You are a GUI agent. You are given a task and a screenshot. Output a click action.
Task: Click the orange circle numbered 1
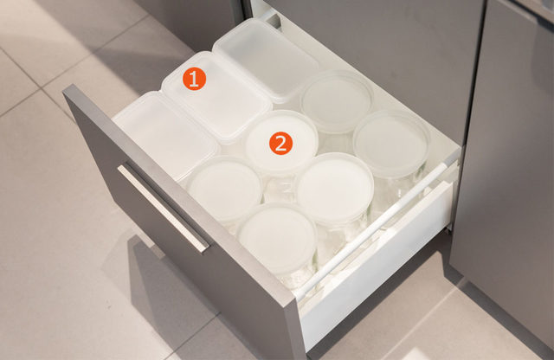pyautogui.click(x=194, y=79)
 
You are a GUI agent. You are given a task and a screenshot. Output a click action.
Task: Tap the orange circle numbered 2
pyautogui.click(x=280, y=143)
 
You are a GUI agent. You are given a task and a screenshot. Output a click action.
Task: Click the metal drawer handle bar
pyautogui.click(x=164, y=207)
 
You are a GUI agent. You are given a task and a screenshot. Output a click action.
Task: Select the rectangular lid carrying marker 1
pyautogui.click(x=216, y=96)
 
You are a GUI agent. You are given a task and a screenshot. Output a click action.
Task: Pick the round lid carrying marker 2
pyautogui.click(x=280, y=141)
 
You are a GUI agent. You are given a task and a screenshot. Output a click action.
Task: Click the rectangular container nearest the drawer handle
pyautogui.click(x=165, y=135)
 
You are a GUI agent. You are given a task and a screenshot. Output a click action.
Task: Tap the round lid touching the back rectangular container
pyautogui.click(x=337, y=100)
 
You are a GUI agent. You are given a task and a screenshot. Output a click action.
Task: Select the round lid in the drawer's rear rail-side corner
pyautogui.click(x=391, y=142)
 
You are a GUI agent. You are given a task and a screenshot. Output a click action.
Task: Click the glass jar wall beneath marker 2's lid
pyautogui.click(x=279, y=187)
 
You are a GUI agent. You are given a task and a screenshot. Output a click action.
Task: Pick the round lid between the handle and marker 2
pyautogui.click(x=225, y=190)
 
